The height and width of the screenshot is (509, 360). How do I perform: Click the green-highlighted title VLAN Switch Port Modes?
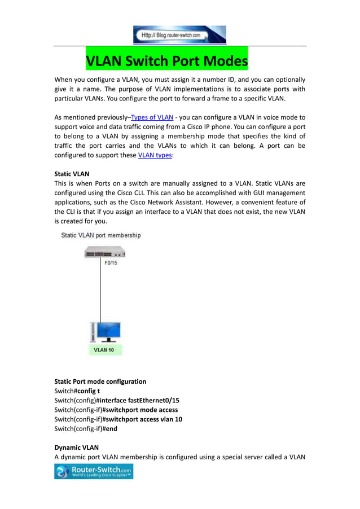166,60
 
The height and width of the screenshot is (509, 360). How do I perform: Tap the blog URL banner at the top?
179,34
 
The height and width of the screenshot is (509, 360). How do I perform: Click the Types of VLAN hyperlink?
152,117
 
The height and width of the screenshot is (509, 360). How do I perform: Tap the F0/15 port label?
112,262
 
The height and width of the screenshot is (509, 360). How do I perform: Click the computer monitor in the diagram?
108,331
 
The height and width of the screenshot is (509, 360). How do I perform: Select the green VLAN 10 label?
104,350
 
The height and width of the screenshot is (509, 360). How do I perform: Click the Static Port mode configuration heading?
100,381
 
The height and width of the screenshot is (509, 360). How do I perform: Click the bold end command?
111,428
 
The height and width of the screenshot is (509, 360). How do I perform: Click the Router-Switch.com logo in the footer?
94,471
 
